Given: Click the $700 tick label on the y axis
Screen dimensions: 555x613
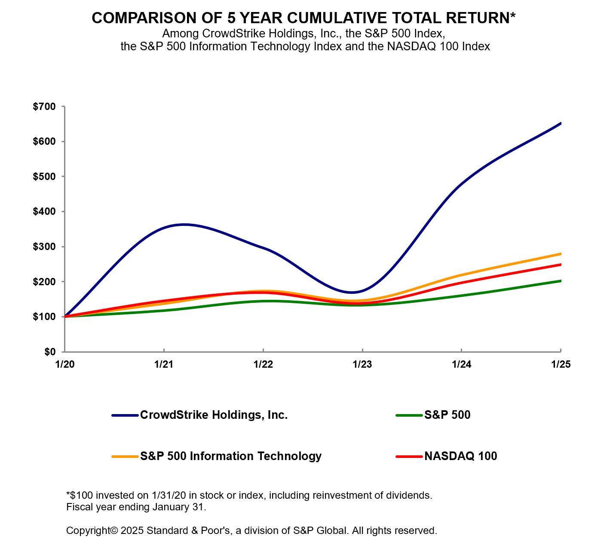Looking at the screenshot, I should (x=44, y=107).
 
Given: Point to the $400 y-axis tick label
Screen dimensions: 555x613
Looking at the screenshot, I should (x=44, y=211).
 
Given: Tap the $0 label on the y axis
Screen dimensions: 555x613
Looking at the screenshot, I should (x=50, y=352).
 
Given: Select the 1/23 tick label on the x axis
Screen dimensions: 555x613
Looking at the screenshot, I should (x=362, y=365).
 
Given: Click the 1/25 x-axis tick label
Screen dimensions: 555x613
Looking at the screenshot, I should (x=561, y=365).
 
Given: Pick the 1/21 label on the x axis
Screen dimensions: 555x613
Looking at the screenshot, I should (x=163, y=365).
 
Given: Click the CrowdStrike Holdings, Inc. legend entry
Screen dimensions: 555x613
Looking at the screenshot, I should (x=214, y=415).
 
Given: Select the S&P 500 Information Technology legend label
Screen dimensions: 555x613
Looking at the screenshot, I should (x=230, y=456).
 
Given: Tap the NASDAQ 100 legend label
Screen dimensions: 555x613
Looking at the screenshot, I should (x=460, y=456).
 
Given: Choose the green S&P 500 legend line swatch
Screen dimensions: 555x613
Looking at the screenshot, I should (x=409, y=415).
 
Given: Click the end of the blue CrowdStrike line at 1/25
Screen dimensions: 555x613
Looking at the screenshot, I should (x=561, y=123).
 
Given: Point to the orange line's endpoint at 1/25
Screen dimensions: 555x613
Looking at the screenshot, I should (x=561, y=254).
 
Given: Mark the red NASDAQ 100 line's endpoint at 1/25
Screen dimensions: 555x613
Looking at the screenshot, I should (x=561, y=265).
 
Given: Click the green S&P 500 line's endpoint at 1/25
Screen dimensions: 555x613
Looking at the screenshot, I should (x=561, y=281).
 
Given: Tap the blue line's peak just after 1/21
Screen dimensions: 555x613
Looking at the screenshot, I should (x=184, y=224).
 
